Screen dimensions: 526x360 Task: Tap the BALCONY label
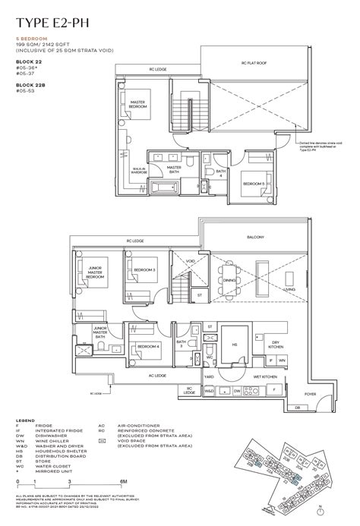point(255,237)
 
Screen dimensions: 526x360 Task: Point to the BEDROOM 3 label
point(144,269)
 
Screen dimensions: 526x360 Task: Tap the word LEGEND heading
point(25,419)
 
